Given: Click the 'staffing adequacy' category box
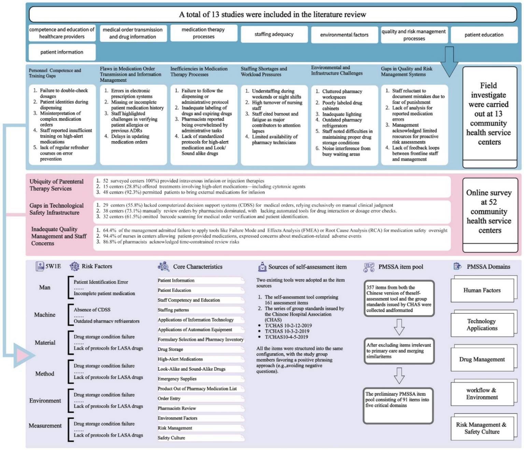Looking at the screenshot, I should pyautogui.click(x=274, y=35).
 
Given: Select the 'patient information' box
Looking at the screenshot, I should pyautogui.click(x=62, y=52).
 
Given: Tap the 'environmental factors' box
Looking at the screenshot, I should pyautogui.click(x=344, y=35).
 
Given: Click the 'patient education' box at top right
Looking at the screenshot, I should pyautogui.click(x=484, y=35).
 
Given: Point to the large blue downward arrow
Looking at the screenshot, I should pyautogui.click(x=449, y=62).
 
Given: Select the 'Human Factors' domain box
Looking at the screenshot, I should pyautogui.click(x=482, y=290).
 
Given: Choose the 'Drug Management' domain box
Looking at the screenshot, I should pyautogui.click(x=482, y=359).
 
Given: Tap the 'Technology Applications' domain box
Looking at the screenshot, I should pyautogui.click(x=482, y=325).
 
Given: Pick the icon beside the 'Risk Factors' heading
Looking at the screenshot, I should pyautogui.click(x=74, y=267).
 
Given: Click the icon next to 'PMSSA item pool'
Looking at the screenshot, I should pyautogui.click(x=369, y=267).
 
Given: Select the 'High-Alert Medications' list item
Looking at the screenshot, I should pyautogui.click(x=180, y=359).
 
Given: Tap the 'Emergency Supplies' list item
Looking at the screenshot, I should pyautogui.click(x=177, y=379).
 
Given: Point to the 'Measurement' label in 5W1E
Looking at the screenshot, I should pyautogui.click(x=45, y=426).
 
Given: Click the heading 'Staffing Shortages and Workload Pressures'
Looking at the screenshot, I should pyautogui.click(x=264, y=72).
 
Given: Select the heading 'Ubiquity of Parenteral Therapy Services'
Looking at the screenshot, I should pyautogui.click(x=56, y=185).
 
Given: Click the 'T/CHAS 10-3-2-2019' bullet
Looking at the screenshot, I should pyautogui.click(x=287, y=331).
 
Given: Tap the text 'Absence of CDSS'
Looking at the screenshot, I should pyautogui.click(x=92, y=310).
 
